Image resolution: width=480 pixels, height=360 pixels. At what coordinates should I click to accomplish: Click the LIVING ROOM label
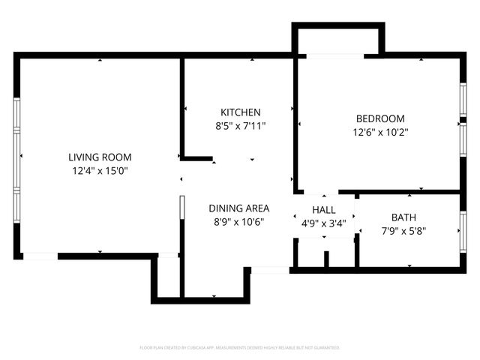(100, 157)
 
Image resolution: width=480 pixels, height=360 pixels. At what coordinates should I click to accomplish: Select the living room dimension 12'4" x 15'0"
(100, 170)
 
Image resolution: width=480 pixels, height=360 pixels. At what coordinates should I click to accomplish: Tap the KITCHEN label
(240, 112)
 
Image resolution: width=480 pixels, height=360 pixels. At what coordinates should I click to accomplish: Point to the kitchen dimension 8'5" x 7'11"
(240, 125)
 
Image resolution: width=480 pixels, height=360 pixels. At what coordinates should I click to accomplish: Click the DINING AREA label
(238, 208)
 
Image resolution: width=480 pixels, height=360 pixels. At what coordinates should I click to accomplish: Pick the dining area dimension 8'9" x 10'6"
(238, 221)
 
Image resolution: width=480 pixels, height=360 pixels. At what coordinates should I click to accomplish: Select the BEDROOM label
(379, 118)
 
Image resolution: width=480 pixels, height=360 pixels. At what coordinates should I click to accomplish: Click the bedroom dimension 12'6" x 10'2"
(379, 131)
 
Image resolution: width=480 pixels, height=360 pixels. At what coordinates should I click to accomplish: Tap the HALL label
(324, 211)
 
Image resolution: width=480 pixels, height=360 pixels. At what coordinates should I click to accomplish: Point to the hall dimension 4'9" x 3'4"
(324, 223)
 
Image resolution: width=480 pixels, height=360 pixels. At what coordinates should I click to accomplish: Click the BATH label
(403, 217)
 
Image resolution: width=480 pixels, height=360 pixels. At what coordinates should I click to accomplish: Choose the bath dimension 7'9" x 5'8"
(403, 230)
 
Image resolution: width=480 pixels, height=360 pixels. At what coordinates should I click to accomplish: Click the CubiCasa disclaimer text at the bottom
(240, 347)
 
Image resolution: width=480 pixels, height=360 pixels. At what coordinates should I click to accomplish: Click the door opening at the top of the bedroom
(334, 55)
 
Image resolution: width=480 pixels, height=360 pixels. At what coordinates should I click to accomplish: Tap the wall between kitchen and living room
(182, 105)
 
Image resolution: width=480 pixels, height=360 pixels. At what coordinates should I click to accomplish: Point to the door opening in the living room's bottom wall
(40, 256)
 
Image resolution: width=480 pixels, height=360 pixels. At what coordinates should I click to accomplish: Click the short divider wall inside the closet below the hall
(326, 259)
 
